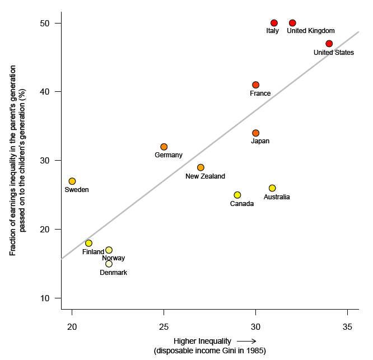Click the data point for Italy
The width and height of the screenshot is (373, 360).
[274, 23]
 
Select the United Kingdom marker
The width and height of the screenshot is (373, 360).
[292, 23]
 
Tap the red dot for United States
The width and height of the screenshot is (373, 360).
[329, 44]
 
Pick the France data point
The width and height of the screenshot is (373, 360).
[255, 85]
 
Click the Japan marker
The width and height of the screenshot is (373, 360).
[255, 133]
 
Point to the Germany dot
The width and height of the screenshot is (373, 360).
[164, 147]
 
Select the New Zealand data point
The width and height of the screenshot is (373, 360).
[201, 167]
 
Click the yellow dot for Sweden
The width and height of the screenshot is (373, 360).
[72, 181]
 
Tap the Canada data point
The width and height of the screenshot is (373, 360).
[237, 195]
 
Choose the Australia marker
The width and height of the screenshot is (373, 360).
[272, 188]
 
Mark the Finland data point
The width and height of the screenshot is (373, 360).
[88, 243]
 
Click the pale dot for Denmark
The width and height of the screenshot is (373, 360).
[109, 264]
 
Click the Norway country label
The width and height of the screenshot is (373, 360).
[114, 258]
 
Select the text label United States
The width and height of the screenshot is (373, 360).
[333, 53]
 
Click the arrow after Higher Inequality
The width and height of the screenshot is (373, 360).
[246, 340]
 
